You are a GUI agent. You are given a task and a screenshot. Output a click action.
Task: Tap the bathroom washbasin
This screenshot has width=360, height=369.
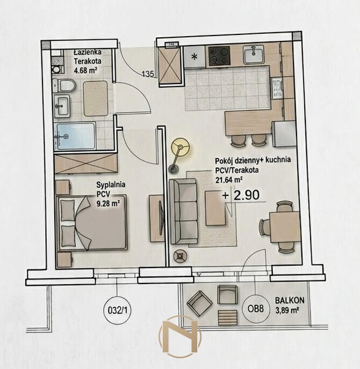point(62,106)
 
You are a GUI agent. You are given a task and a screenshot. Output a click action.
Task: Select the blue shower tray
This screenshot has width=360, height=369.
point(75,136)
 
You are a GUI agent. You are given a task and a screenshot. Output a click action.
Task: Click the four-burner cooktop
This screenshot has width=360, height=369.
point(219,56)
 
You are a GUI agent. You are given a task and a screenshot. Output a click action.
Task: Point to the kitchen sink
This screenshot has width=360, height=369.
point(254,54)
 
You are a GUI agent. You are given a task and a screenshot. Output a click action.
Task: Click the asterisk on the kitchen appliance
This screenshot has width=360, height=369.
point(194,57)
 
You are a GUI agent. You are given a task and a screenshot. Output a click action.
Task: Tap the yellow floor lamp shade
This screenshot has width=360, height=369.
point(181,147)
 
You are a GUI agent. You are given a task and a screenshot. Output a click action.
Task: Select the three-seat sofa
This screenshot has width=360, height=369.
point(183,211)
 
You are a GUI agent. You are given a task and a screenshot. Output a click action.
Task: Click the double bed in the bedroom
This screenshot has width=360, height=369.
point(91,222)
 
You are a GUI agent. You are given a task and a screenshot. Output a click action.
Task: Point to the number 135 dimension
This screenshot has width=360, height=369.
point(148,74)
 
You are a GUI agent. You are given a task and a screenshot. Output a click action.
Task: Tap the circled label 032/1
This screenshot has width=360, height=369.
point(117,311)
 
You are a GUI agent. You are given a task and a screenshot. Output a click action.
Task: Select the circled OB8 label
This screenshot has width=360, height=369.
point(256,309)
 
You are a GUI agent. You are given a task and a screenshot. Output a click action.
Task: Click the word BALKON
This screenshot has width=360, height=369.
point(290,300)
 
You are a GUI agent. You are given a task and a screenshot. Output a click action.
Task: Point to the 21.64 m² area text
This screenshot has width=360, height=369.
point(229,180)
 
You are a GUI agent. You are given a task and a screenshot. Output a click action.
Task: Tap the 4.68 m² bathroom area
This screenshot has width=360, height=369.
point(86,70)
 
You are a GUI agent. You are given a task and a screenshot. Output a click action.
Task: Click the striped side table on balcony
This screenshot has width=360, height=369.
point(228,317)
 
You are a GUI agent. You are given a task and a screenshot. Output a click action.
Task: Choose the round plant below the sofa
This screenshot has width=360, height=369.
point(181,256)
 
